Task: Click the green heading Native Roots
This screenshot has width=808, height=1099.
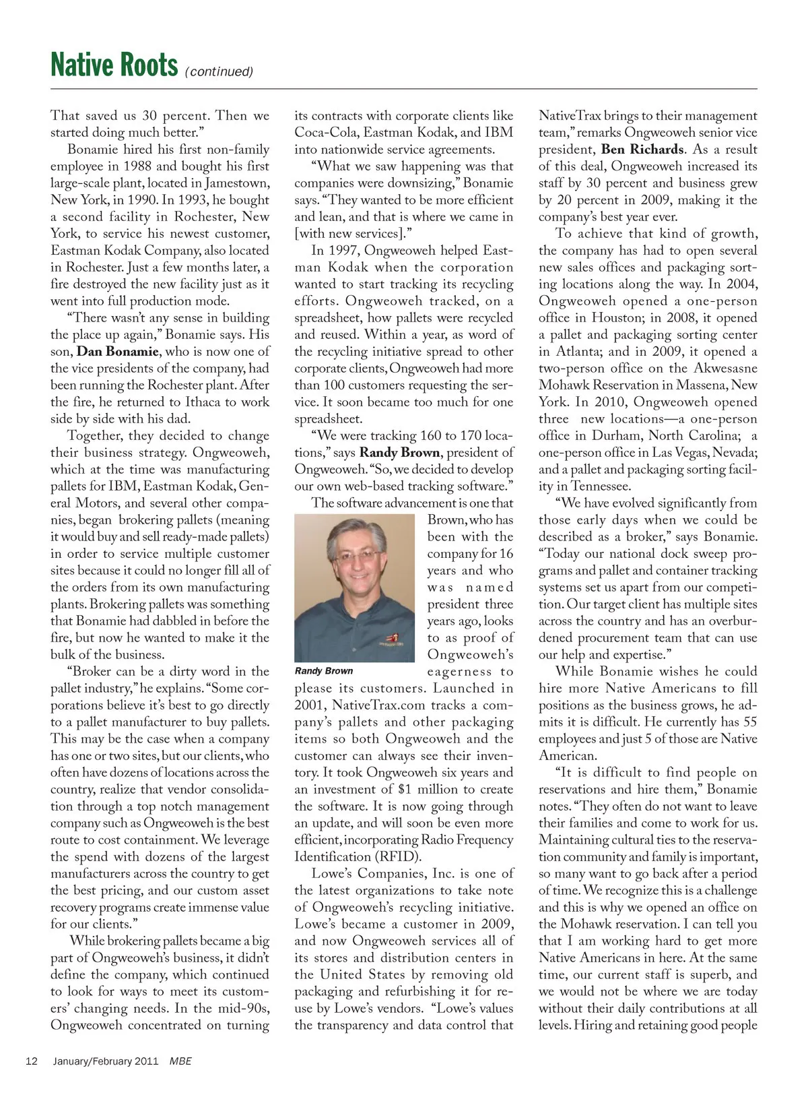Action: point(114,65)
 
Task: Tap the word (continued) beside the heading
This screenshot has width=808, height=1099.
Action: point(219,71)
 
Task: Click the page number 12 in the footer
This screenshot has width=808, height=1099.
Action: point(32,1061)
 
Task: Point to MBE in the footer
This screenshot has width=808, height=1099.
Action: point(180,1061)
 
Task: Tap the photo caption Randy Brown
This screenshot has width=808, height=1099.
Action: point(324,670)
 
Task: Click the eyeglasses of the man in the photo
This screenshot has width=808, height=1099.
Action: point(357,558)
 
